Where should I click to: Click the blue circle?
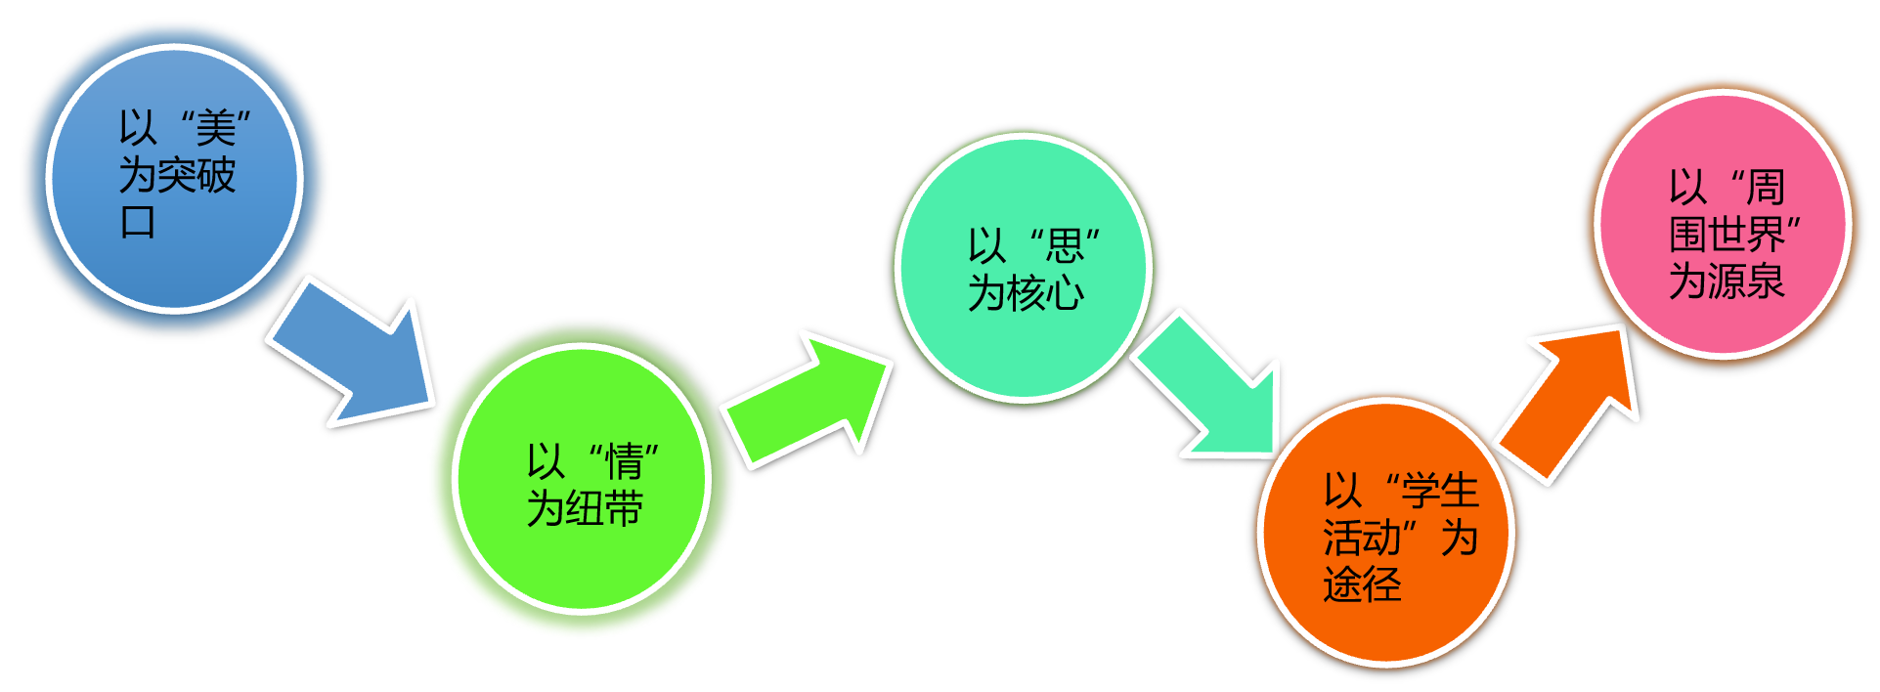click(x=174, y=254)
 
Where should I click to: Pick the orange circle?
click(x=1385, y=626)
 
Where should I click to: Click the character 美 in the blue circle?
click(x=216, y=128)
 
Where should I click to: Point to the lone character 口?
click(x=138, y=222)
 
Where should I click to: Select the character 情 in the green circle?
click(x=624, y=461)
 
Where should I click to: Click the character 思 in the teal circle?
click(x=1066, y=245)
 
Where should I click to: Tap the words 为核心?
click(x=1026, y=292)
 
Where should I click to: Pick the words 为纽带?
click(x=585, y=508)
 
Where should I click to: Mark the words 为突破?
click(x=177, y=176)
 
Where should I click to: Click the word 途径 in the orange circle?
click(x=1362, y=584)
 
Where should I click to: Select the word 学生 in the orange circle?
click(x=1439, y=491)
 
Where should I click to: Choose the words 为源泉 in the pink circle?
click(x=1727, y=281)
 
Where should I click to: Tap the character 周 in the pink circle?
click(x=1766, y=187)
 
